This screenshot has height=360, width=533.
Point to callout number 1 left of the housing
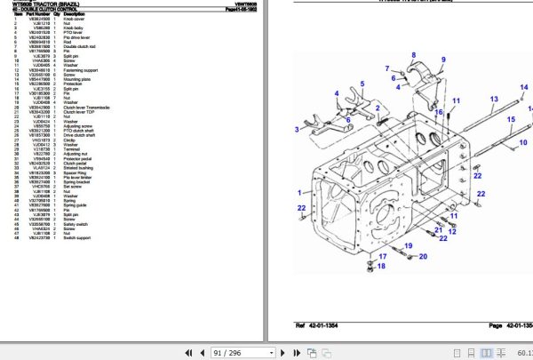pos(299,190)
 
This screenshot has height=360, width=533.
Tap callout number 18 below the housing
pos(382,266)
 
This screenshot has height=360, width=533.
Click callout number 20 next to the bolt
pos(422,257)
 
